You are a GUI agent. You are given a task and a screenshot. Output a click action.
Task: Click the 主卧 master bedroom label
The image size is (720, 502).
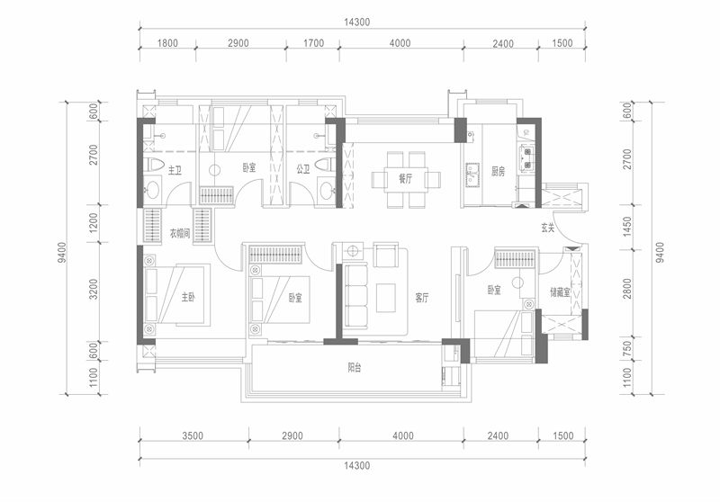(x=186, y=297)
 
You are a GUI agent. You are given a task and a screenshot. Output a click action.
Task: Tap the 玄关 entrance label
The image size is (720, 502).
(x=548, y=228)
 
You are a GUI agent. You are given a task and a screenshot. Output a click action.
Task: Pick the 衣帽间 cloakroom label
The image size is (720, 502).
(x=183, y=234)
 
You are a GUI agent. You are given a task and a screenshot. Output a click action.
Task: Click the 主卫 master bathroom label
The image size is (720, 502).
(x=175, y=169)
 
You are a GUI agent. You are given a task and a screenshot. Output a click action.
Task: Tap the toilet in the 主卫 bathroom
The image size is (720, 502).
(x=151, y=166)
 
